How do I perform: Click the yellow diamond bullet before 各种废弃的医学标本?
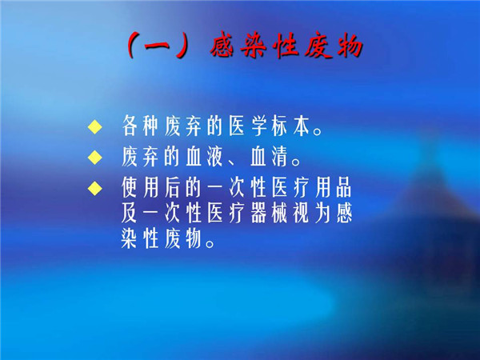pos(95,127)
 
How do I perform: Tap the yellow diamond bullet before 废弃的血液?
pos(95,158)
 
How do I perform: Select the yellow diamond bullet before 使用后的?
pos(95,188)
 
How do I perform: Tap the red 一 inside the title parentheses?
pos(157,47)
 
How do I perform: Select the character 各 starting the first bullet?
pos(129,126)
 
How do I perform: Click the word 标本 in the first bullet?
pos(291,126)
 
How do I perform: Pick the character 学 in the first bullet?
pos(259,126)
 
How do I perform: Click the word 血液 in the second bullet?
pos(205,157)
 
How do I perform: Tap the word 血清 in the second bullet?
pos(270,157)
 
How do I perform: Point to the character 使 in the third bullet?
pos(129,187)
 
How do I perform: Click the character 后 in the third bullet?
pos(172,187)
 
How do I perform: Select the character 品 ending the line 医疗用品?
pos(344,187)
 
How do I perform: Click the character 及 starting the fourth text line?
pos(129,213)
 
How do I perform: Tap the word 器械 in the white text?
pos(270,213)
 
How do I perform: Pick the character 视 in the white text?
pos(301,213)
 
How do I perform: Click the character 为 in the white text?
pos(322,213)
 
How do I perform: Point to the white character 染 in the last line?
pos(129,238)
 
